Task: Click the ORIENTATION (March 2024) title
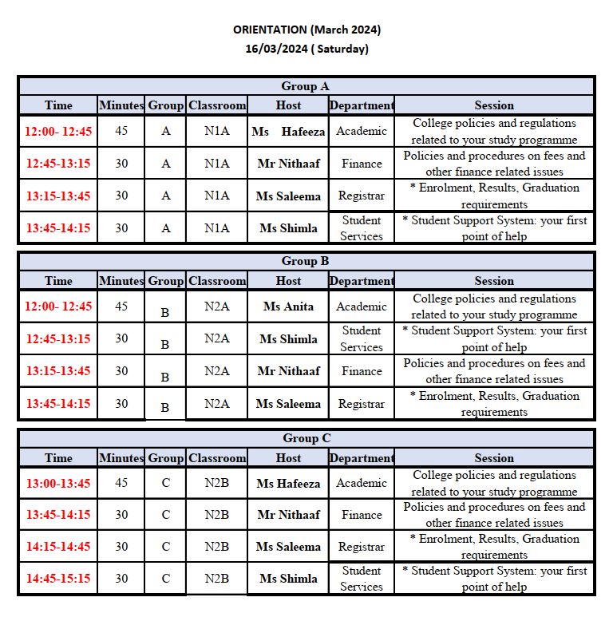[x=306, y=30]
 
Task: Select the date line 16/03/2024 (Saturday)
[x=306, y=49]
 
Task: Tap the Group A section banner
[x=306, y=86]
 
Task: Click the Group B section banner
[x=306, y=261]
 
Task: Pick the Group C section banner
[x=306, y=438]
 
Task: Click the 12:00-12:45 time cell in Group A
[x=58, y=132]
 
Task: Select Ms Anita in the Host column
[x=288, y=307]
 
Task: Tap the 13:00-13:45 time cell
[x=58, y=483]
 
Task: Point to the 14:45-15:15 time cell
[x=58, y=579]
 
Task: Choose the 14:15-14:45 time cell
[x=58, y=547]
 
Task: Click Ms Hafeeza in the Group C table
[x=288, y=483]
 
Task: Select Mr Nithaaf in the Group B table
[x=288, y=371]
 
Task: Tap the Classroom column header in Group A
[x=217, y=105]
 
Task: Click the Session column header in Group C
[x=494, y=458]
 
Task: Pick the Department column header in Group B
[x=362, y=281]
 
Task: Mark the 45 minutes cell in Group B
[x=121, y=307]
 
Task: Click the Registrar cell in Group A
[x=362, y=196]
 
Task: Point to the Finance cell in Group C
[x=362, y=515]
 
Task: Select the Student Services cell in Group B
[x=362, y=338]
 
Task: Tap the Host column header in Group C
[x=288, y=458]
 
